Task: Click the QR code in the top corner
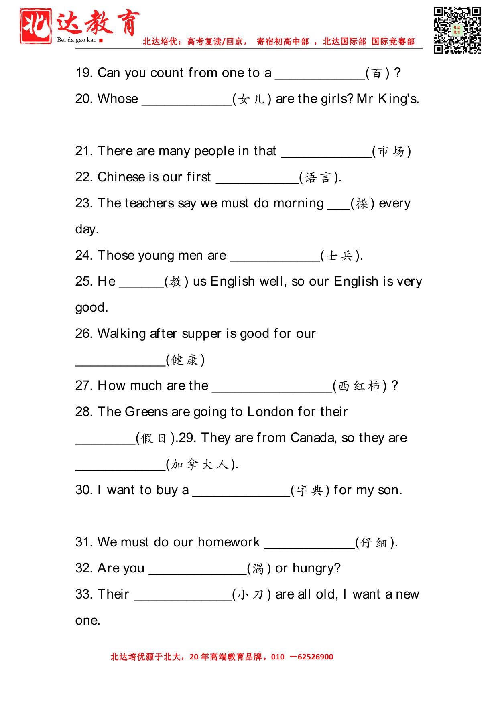pyautogui.click(x=457, y=30)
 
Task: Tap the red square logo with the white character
pyautogui.click(x=36, y=26)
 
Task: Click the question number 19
pyautogui.click(x=84, y=73)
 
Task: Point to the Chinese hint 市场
pyautogui.click(x=391, y=151)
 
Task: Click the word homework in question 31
pyautogui.click(x=229, y=542)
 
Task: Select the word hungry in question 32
pyautogui.click(x=316, y=568)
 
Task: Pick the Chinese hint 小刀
pyautogui.click(x=251, y=594)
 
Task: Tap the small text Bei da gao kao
pyautogui.click(x=77, y=40)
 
